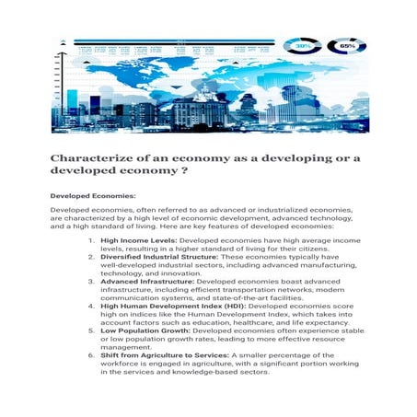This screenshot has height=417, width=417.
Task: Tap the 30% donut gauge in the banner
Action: (302, 44)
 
